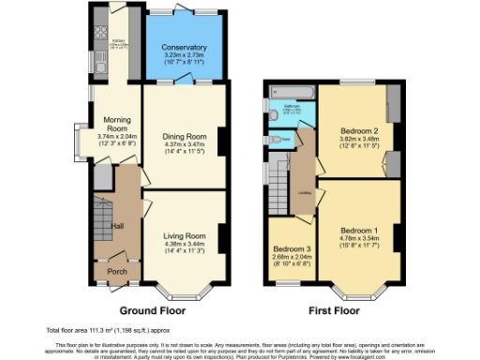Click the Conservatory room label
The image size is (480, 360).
(x=183, y=47)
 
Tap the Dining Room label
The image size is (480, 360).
(x=183, y=135)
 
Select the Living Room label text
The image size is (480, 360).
(x=183, y=235)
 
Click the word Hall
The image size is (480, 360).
(x=118, y=226)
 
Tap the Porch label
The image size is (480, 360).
(x=116, y=272)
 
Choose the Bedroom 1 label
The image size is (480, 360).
(x=359, y=231)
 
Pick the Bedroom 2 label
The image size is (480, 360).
(x=358, y=130)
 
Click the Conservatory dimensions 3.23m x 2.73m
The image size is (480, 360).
(x=183, y=57)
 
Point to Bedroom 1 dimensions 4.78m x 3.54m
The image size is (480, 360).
(x=359, y=240)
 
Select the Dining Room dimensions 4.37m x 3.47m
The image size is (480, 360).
(x=183, y=144)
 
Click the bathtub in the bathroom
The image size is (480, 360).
(x=291, y=92)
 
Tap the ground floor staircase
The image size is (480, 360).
(x=100, y=219)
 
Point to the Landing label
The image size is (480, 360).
(x=306, y=194)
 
